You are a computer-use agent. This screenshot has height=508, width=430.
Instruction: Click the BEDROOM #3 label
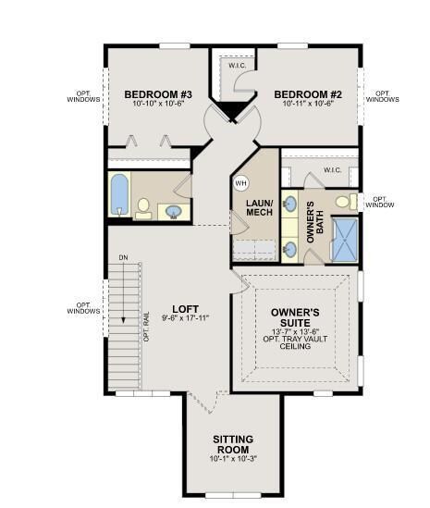[158, 94]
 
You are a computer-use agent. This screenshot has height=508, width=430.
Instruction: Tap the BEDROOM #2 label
[308, 94]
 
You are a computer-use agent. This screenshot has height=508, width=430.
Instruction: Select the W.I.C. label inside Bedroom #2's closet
[236, 65]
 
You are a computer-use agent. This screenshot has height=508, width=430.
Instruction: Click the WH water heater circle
[241, 182]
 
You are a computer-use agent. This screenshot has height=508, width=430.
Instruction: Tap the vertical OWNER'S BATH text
[311, 221]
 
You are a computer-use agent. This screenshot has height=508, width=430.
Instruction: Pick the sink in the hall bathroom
[174, 212]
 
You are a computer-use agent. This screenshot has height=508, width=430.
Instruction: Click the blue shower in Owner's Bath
[344, 238]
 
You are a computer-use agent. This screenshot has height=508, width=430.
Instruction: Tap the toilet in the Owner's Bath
[343, 201]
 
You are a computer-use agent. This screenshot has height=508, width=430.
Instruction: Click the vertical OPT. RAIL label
[146, 326]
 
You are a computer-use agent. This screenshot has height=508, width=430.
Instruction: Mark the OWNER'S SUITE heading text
[295, 317]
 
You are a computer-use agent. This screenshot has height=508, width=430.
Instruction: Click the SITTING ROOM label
[232, 444]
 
